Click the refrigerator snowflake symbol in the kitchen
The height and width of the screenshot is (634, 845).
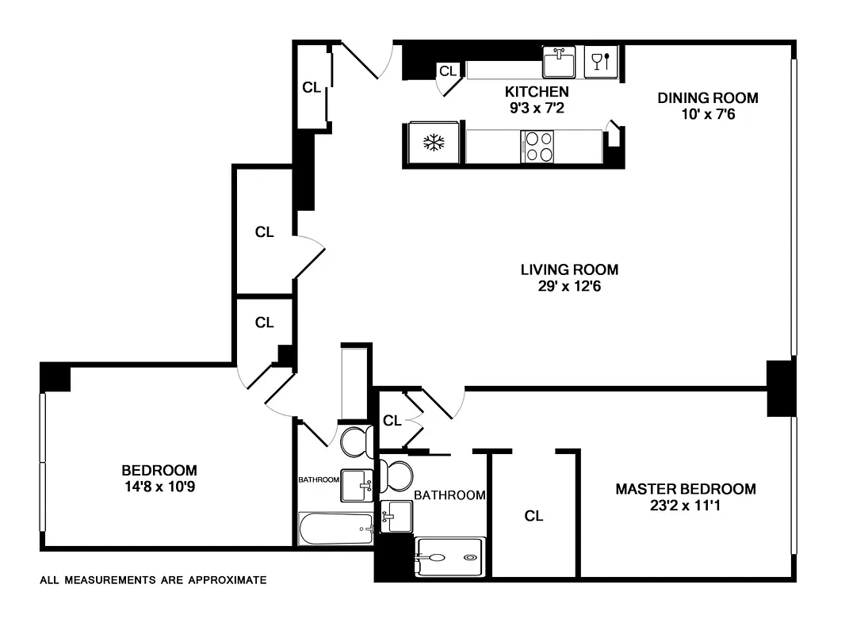432,143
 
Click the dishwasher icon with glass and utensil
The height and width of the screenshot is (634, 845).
600,61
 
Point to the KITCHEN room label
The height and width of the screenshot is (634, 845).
538,92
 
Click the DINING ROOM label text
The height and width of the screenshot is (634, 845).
708,98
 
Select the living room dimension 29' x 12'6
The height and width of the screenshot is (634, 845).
569,285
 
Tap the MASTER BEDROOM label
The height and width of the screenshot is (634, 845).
686,489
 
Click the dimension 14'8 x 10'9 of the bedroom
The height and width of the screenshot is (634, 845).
159,487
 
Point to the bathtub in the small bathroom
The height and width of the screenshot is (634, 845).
336,529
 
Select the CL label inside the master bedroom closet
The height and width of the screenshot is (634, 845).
533,517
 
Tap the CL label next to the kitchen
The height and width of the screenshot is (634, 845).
448,71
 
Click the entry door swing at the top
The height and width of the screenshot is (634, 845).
365,60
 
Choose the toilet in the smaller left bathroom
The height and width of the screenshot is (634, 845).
357,442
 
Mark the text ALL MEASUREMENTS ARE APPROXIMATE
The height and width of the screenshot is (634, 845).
153,580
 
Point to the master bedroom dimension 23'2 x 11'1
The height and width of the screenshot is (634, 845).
686,506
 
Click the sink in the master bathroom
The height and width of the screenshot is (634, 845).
396,517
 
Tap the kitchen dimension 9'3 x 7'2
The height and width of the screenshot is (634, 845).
538,107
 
